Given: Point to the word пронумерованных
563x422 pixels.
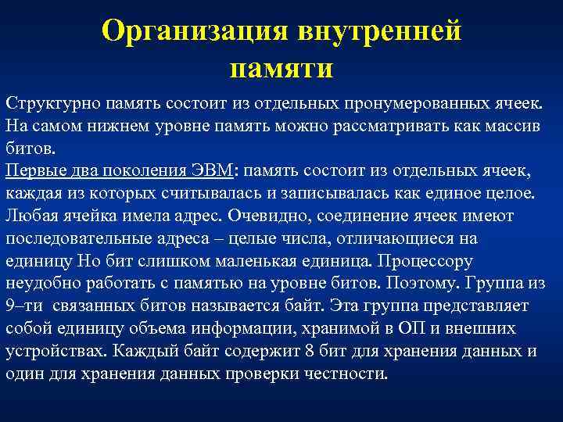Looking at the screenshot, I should [390, 105].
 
